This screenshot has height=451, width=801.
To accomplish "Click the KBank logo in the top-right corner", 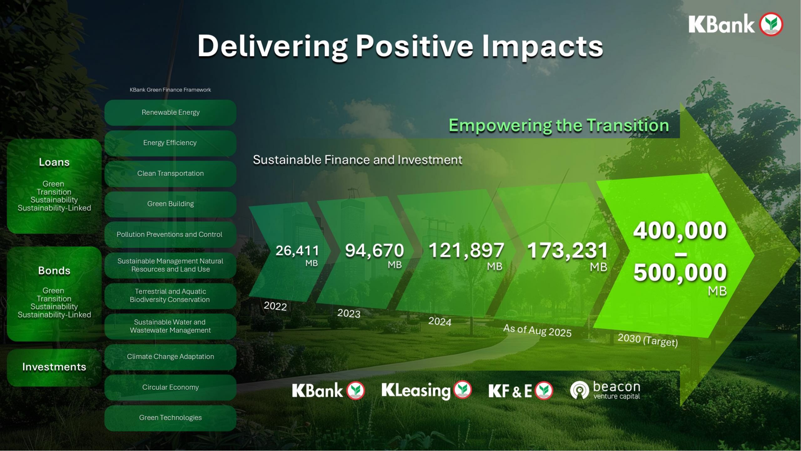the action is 736,24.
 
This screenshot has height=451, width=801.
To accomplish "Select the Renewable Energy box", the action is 170,112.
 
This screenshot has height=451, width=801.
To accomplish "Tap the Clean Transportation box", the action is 170,174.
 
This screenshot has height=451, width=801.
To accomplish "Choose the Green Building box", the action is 170,204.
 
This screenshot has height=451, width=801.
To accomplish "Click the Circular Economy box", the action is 170,387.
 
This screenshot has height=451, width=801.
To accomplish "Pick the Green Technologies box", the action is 170,418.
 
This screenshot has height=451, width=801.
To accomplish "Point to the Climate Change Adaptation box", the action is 170,357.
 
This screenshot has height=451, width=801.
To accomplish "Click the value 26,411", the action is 297,251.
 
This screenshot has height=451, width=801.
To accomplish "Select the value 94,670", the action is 375,251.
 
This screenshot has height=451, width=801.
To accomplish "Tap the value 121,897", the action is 466,251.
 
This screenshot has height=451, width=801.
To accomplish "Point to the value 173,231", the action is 568,251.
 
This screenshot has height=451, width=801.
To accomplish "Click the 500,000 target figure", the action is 680,272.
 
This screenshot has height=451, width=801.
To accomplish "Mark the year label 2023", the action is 349,314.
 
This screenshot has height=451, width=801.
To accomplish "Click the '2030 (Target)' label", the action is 648,340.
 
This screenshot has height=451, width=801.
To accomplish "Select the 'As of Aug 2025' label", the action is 537,331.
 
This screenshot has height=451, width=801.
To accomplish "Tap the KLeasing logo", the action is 426,390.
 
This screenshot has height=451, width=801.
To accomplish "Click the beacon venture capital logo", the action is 605,390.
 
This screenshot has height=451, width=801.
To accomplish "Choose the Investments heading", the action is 54,367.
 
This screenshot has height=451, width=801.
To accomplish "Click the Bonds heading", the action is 54,271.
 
